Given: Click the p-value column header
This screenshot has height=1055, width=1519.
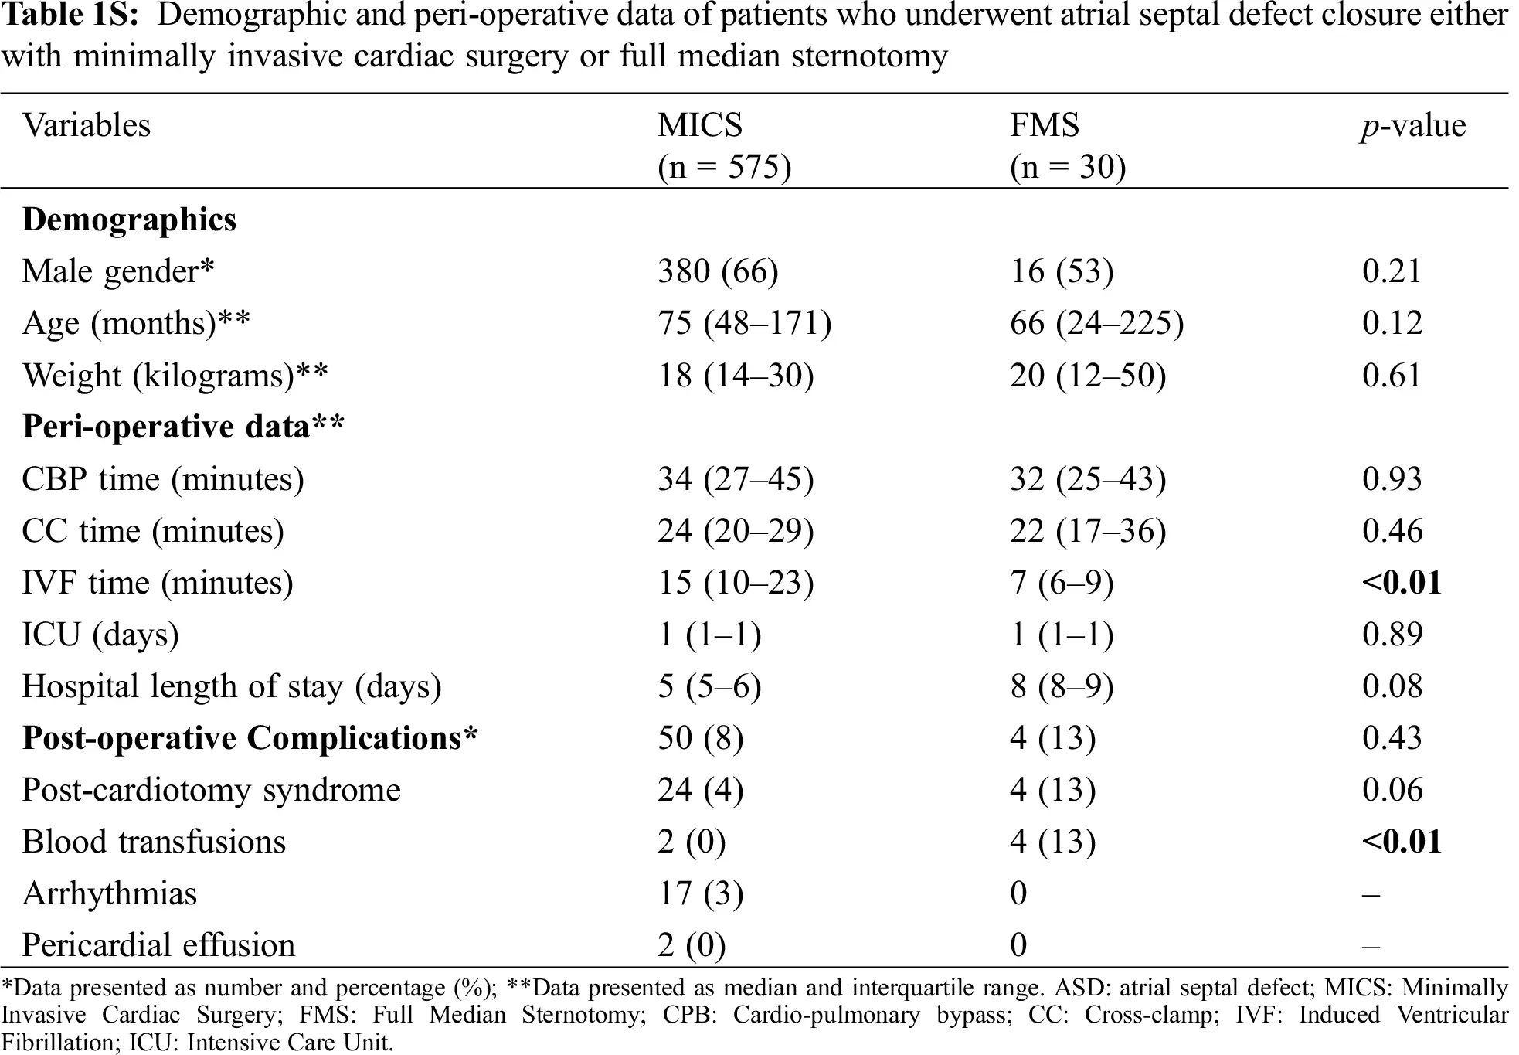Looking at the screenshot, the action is tap(1413, 126).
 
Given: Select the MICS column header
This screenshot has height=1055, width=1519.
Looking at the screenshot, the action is tap(700, 125).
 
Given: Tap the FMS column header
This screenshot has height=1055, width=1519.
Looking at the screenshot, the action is tap(1045, 125).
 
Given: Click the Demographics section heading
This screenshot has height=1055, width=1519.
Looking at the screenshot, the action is tap(129, 220).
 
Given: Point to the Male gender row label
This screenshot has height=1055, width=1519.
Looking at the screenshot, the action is tap(118, 272).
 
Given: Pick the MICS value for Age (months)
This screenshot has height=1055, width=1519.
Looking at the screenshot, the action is tap(745, 323).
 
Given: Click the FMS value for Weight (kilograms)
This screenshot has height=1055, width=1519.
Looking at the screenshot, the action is tap(1088, 376).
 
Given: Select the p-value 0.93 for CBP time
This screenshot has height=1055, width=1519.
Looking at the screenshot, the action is tap(1392, 479).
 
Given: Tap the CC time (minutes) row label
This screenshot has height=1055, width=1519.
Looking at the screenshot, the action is tap(153, 531).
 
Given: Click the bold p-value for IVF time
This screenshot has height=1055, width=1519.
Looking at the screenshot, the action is tap(1402, 583).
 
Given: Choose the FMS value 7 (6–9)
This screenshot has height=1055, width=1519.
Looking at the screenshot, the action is tap(1062, 583).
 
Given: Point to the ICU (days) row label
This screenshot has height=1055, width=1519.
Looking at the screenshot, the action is tap(100, 635).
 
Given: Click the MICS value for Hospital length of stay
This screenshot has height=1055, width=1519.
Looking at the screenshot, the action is tap(709, 686).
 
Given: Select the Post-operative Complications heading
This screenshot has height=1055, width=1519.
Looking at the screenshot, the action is tap(250, 739).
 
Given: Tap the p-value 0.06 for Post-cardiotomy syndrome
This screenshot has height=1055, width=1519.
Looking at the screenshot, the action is tap(1392, 790).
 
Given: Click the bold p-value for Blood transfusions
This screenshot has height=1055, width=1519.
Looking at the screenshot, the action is tap(1402, 842).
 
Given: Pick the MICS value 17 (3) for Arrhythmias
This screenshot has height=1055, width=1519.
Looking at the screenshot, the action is tap(701, 893).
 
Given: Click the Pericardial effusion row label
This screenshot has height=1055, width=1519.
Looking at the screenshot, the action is tap(158, 945).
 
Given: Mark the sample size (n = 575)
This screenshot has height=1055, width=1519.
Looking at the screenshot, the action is tap(725, 167).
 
